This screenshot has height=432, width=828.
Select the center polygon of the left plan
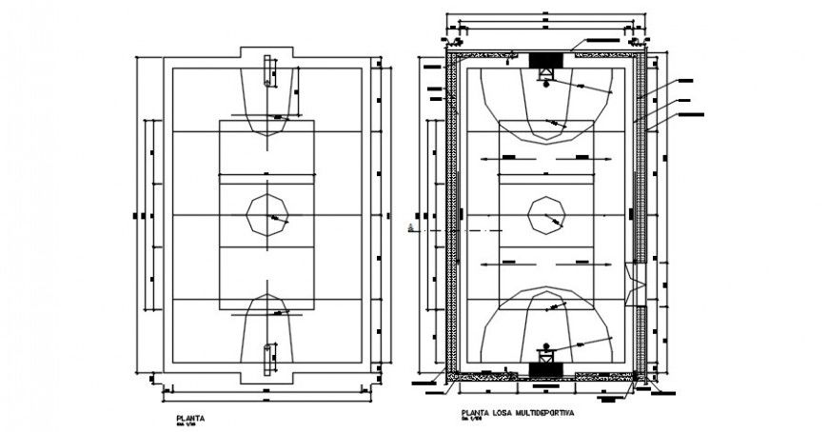click(266, 215)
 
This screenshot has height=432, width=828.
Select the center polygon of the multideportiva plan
click(546, 216)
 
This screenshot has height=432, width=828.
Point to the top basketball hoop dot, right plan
click(546, 84)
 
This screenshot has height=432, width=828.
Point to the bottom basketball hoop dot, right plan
click(546, 345)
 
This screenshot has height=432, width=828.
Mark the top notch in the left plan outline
click(266, 53)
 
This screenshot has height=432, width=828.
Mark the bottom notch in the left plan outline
click(266, 378)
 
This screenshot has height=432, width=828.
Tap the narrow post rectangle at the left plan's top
click(268, 74)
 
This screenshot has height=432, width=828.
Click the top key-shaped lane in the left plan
click(267, 100)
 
